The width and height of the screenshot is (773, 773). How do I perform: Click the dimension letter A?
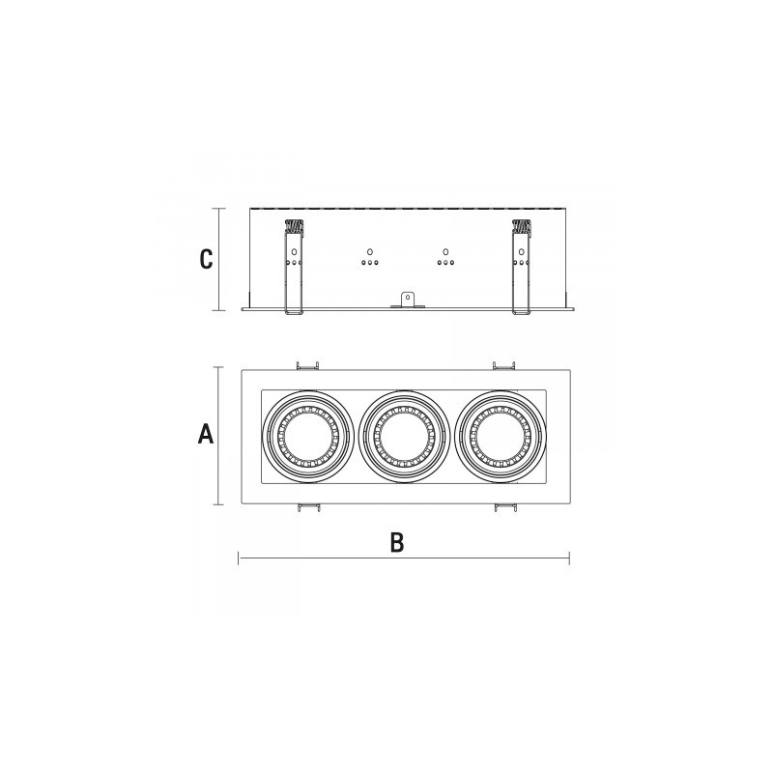206,435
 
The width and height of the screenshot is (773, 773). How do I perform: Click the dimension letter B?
397,542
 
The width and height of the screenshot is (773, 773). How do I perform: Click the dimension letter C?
206,259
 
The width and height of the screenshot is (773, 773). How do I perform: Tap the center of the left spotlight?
307,437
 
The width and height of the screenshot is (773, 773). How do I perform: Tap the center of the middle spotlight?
404,437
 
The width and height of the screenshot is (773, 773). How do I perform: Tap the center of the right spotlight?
501,437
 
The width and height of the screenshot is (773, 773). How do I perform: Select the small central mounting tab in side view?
407,301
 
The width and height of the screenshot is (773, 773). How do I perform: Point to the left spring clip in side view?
294,267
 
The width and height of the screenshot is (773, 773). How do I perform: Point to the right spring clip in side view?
521,267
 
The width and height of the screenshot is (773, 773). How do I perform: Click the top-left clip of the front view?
307,365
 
